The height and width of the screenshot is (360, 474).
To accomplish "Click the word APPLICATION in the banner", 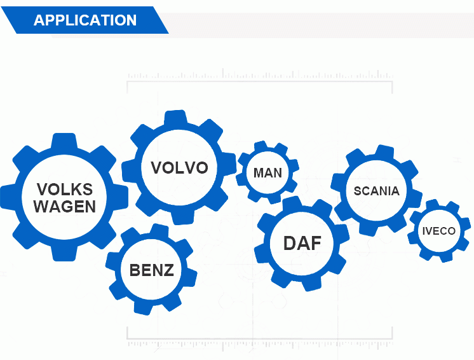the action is [x=85, y=20].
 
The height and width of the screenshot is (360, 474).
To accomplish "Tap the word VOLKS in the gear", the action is [x=65, y=190].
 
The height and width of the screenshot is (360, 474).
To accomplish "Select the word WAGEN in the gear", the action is [x=65, y=207].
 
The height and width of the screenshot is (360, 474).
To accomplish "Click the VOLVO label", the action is [x=180, y=167].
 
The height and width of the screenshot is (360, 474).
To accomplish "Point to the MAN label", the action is [x=268, y=173].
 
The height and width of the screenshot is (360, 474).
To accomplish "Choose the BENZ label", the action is [x=152, y=270].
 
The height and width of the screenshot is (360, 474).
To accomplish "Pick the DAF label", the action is [x=302, y=243].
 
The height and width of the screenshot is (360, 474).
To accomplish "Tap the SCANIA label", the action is [x=377, y=191].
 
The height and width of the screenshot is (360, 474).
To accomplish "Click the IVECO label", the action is [x=439, y=231].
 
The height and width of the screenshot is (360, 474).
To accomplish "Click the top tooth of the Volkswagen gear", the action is [x=64, y=141].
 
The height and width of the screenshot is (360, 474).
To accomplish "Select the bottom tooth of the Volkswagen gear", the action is [x=64, y=253].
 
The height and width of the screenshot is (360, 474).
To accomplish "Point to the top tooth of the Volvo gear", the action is [x=175, y=118].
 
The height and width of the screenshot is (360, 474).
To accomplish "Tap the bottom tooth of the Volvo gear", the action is [x=182, y=218].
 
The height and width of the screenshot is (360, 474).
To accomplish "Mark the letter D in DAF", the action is [x=290, y=243].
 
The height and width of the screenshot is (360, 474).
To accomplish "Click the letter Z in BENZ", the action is [x=168, y=270].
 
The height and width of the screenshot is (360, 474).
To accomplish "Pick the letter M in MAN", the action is [x=258, y=173].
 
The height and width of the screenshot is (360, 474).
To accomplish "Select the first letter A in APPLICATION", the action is [x=39, y=20].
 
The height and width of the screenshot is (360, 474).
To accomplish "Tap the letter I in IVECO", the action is [x=423, y=231].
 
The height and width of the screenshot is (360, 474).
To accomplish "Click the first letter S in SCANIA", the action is [x=358, y=191].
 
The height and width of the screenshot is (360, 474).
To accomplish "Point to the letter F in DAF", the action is [x=317, y=243].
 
